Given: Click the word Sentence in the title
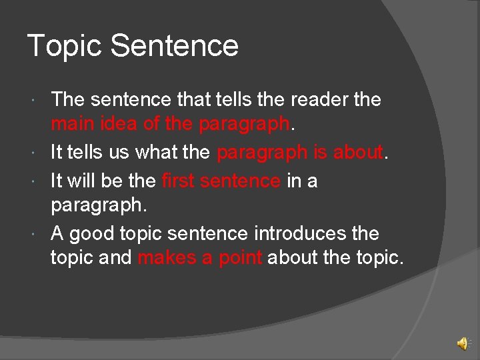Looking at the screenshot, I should [x=174, y=46].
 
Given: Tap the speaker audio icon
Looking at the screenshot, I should [x=462, y=344].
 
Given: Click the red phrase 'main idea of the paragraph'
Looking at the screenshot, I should [x=171, y=125].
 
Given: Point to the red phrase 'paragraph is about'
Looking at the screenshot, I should [x=300, y=153].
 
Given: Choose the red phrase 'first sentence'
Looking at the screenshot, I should [x=221, y=180].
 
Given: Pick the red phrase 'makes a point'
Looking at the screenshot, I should [x=199, y=258].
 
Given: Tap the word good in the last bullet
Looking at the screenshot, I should [x=92, y=234].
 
